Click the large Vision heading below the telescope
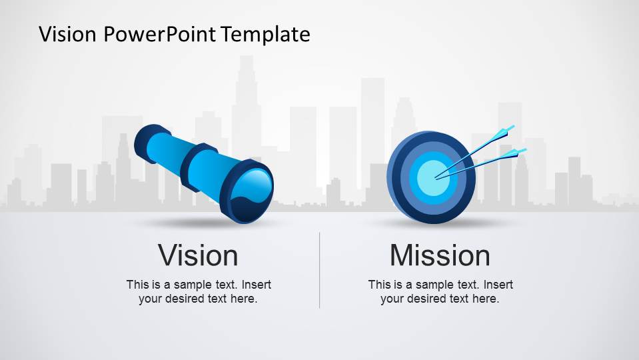point(198,255)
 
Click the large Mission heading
point(440,255)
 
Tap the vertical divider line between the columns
point(320,270)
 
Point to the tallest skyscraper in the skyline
point(246,100)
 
